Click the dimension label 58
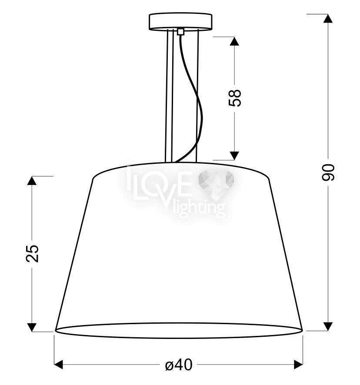point(235,98)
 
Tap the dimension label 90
point(328,173)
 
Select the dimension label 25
point(33,253)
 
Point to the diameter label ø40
point(179,365)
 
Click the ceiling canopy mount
point(180,22)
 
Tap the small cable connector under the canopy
point(180,32)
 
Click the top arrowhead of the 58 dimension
point(234,41)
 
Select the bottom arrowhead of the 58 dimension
point(234,156)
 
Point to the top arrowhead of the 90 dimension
point(327,19)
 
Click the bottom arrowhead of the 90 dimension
point(327,326)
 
